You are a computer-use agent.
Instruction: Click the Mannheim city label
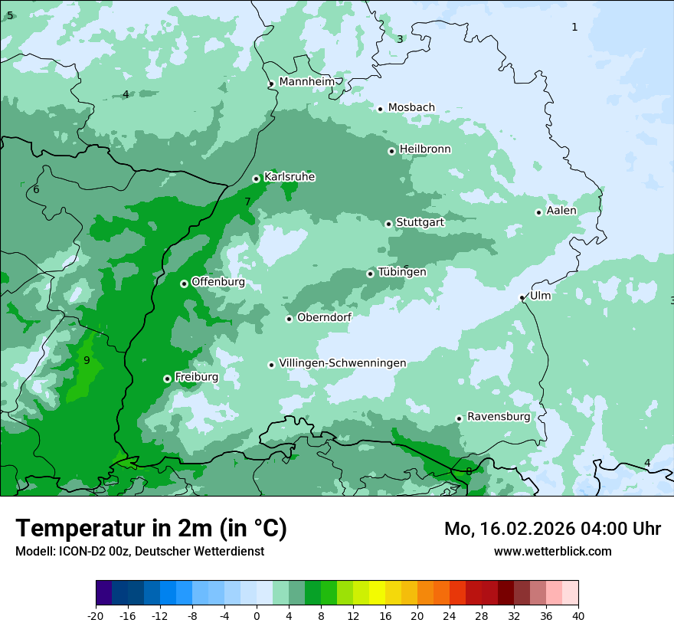[306, 82]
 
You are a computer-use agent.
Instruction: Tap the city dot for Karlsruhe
[256, 179]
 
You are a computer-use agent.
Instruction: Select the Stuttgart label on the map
[420, 223]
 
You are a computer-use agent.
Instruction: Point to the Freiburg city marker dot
[167, 379]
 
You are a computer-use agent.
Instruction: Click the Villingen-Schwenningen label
[342, 363]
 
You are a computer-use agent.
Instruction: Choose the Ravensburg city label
[498, 417]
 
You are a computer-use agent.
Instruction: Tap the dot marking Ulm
[522, 297]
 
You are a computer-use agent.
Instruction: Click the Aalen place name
[561, 211]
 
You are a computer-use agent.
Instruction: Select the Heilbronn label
[425, 149]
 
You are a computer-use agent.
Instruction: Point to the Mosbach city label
[411, 108]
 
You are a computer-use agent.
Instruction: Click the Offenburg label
[218, 282]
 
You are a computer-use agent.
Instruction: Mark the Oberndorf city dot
[289, 319]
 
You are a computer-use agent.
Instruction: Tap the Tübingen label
[401, 272]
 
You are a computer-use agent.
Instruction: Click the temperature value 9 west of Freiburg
[87, 360]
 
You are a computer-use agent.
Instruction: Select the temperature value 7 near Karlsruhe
[247, 202]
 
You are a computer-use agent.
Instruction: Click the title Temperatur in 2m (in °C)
[151, 529]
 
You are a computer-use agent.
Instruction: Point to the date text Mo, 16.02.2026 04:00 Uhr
[552, 529]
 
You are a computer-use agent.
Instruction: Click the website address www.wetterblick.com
[552, 551]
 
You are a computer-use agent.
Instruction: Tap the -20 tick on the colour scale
[96, 615]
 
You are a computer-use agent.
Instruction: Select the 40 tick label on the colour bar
[578, 615]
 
